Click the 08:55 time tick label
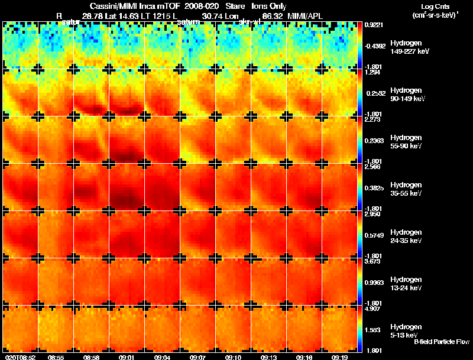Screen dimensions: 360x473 click(56, 357)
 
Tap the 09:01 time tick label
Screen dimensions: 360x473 click(128, 357)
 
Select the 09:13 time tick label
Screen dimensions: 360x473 click(269, 357)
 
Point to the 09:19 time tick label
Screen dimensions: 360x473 click(339, 357)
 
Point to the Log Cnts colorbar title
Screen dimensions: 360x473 click(435, 7)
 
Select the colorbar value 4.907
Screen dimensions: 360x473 click(372, 309)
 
